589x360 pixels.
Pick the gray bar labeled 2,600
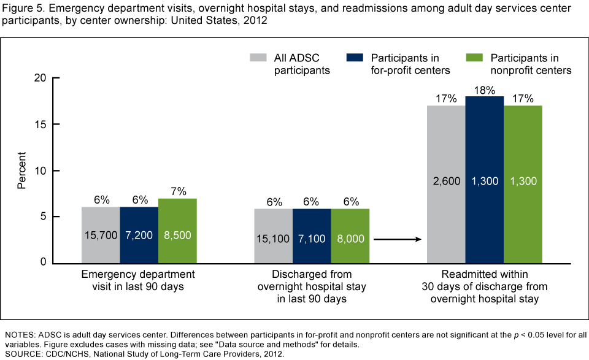pos(446,183)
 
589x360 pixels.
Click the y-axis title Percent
pos(21,170)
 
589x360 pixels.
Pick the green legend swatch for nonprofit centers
pos(474,58)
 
